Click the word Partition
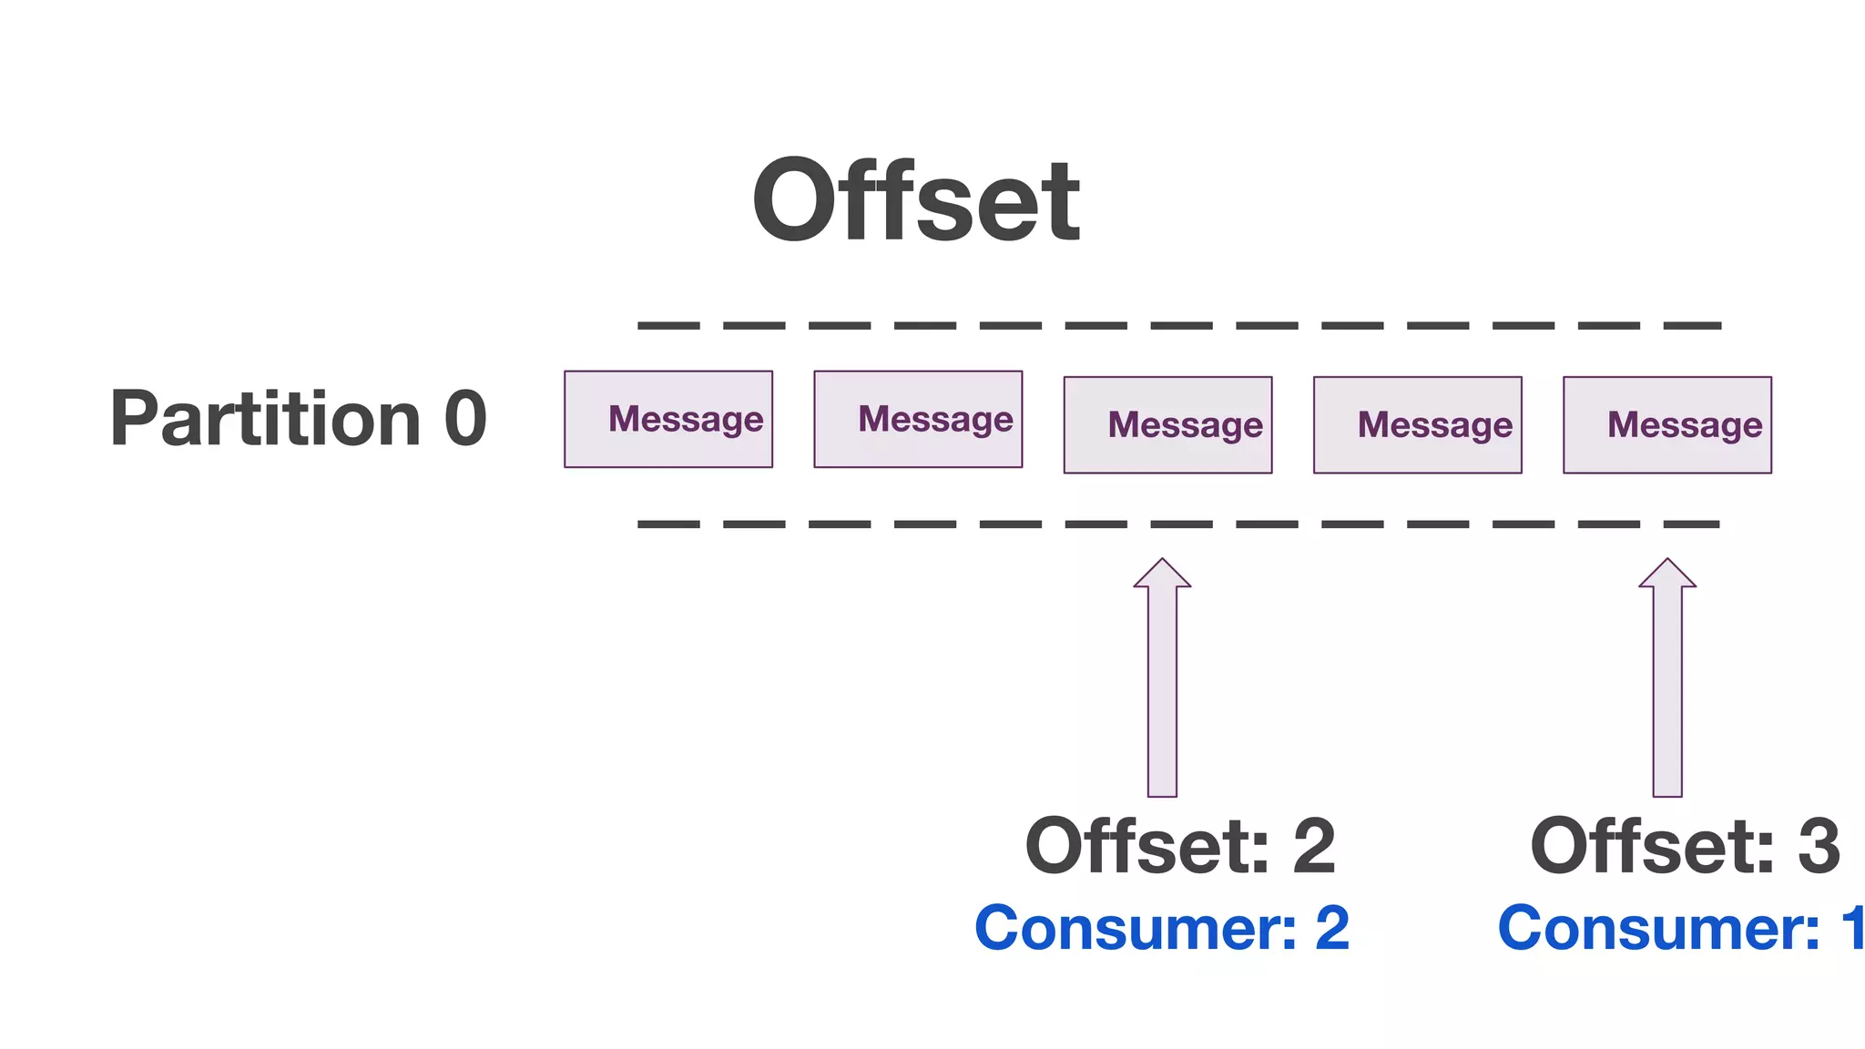(x=265, y=420)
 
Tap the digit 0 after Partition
(x=465, y=420)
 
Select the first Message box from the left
(x=668, y=420)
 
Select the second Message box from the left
(x=918, y=420)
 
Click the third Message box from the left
(x=1167, y=425)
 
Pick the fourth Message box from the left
(x=1417, y=425)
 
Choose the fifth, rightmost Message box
(x=1666, y=425)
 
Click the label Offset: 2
(x=1180, y=847)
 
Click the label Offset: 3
(x=1685, y=847)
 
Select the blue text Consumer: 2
(x=1162, y=929)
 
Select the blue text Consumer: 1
(x=1680, y=929)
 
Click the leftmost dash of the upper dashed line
(x=668, y=325)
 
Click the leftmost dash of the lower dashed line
(x=668, y=524)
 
